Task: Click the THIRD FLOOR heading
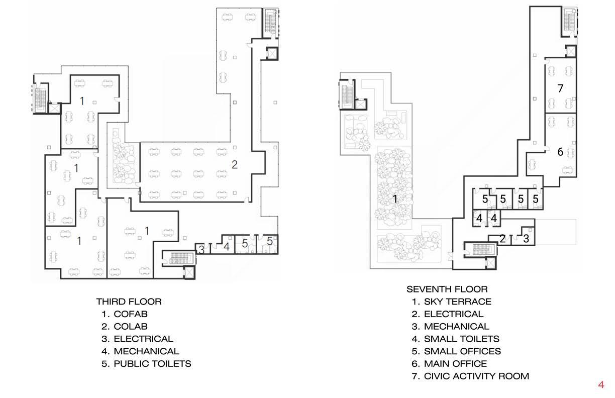coord(129,302)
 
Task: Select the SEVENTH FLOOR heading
coord(447,289)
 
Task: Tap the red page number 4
coord(601,385)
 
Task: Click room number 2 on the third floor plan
coord(234,164)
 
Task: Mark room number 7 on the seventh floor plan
coord(561,88)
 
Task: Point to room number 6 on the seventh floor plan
coord(560,151)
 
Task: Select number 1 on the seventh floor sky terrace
coord(395,200)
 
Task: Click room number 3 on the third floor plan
coord(201,248)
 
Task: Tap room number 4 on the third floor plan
coord(227,247)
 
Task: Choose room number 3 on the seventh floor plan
coord(526,239)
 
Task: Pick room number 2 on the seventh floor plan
coord(502,239)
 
